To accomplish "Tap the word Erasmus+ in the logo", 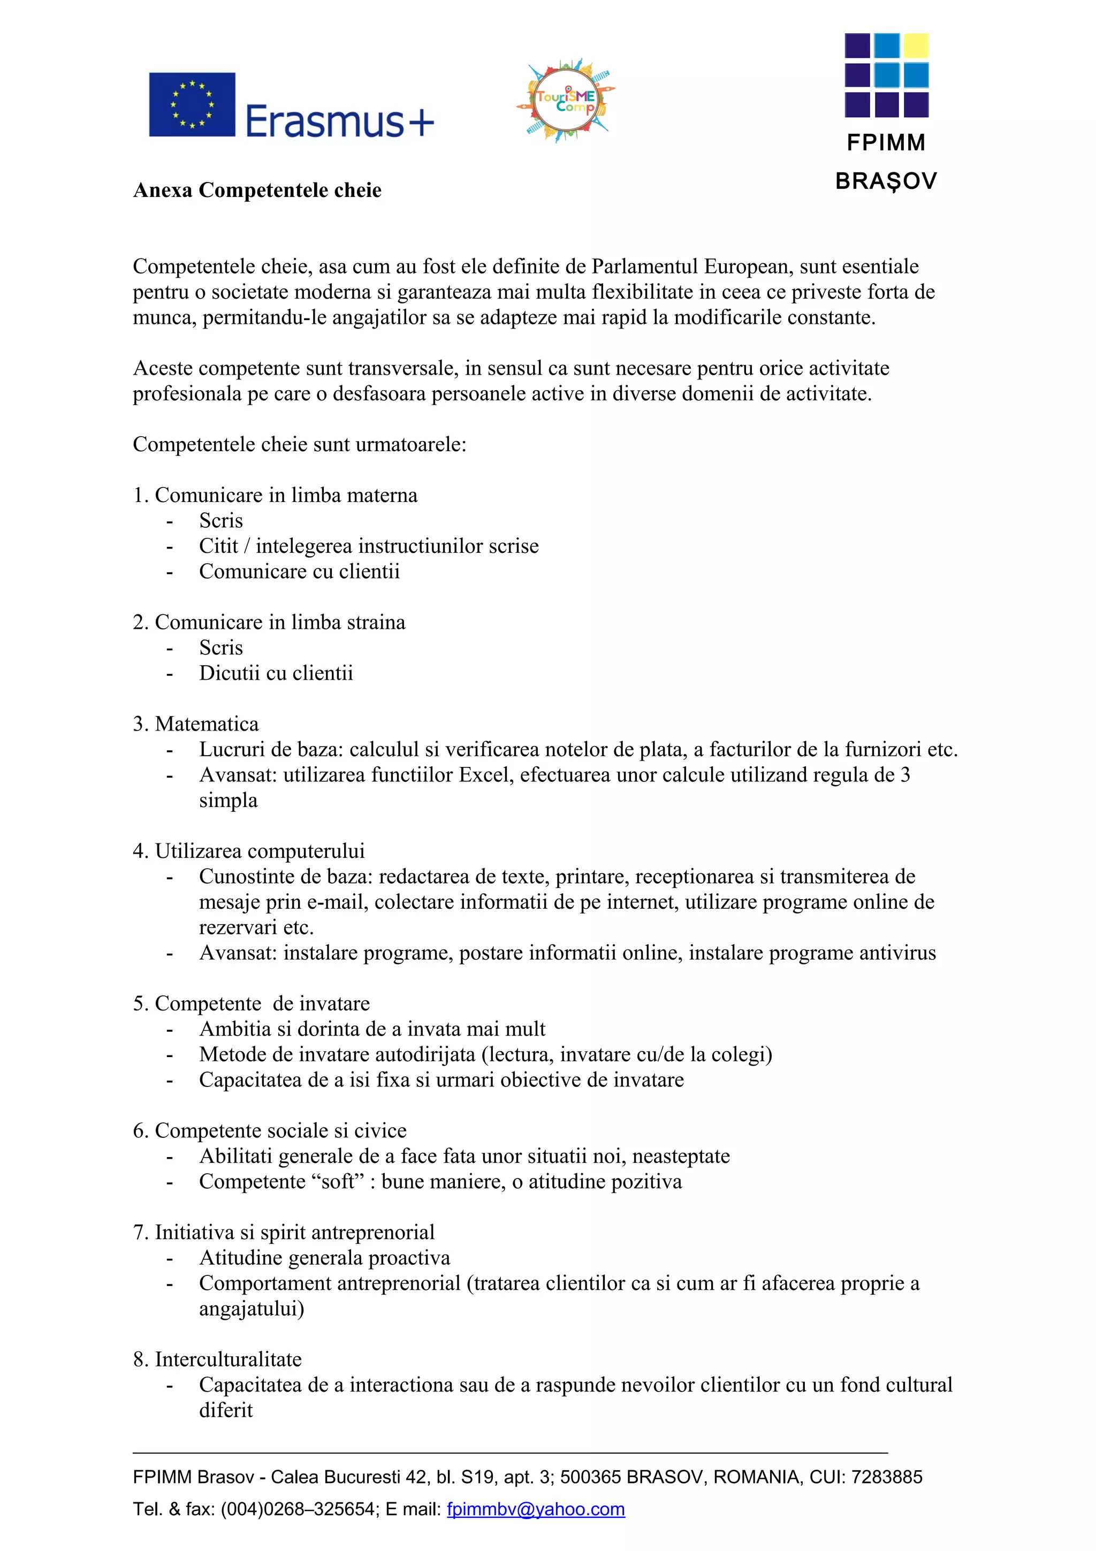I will [x=339, y=121].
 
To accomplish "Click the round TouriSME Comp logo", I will [x=566, y=101].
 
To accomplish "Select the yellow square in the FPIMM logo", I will [x=916, y=46].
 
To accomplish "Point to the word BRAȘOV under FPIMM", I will [x=886, y=181].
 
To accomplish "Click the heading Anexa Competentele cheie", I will [x=257, y=191].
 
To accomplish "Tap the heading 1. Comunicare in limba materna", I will [x=276, y=495].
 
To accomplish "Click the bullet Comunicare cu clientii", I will [x=299, y=572].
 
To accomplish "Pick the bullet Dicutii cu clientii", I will [x=276, y=673].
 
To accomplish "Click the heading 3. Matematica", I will [x=196, y=724].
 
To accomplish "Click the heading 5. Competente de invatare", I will [x=251, y=1004].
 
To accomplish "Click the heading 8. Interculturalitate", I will [x=217, y=1359].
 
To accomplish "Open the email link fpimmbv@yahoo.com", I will [x=536, y=1509].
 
